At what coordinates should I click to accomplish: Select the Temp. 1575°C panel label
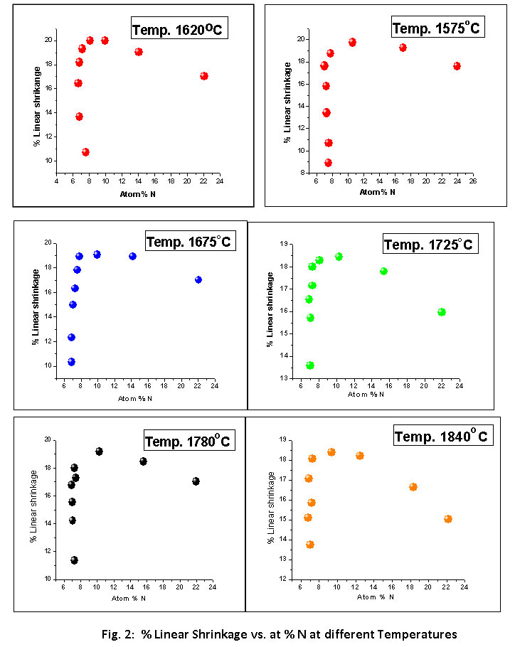[437, 28]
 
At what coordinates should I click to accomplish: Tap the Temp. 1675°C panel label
[189, 242]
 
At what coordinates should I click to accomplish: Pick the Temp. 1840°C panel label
[442, 436]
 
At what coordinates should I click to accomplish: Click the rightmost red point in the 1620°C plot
[204, 76]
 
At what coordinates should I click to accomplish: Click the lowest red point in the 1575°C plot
[328, 163]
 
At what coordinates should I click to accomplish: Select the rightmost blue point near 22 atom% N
[198, 279]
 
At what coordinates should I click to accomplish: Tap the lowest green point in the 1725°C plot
[310, 365]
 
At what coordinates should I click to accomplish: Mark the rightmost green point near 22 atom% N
[442, 312]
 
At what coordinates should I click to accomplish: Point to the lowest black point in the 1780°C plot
[74, 560]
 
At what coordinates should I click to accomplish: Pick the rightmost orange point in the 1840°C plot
[448, 519]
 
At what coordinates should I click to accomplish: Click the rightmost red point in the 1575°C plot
[457, 66]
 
